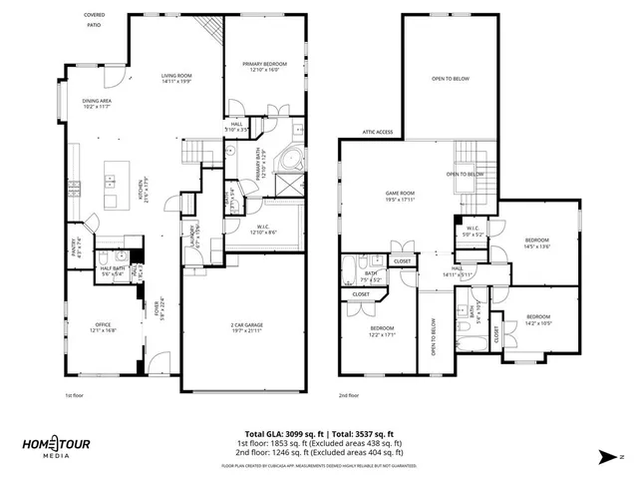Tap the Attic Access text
[x=377, y=132]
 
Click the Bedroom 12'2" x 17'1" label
[x=383, y=331]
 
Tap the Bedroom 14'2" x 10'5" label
[x=538, y=320]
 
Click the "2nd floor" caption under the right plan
[x=349, y=394]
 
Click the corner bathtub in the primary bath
[x=294, y=159]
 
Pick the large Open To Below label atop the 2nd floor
[x=451, y=78]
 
